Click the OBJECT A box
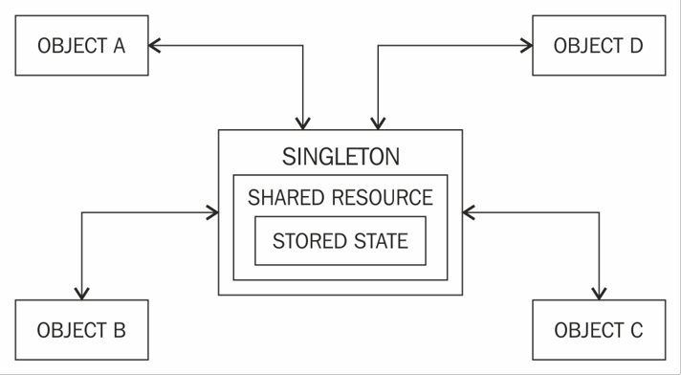(x=81, y=45)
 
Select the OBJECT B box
(x=81, y=330)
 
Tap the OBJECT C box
(x=599, y=330)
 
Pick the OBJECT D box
(x=599, y=45)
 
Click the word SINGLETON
(x=340, y=157)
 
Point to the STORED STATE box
(x=340, y=240)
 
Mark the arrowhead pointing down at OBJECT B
(x=82, y=292)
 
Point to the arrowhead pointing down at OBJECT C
(x=600, y=292)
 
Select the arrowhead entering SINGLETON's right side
(x=469, y=211)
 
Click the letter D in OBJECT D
(x=635, y=46)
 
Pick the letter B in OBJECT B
(x=119, y=331)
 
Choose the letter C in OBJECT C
(x=636, y=331)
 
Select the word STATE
(x=381, y=240)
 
